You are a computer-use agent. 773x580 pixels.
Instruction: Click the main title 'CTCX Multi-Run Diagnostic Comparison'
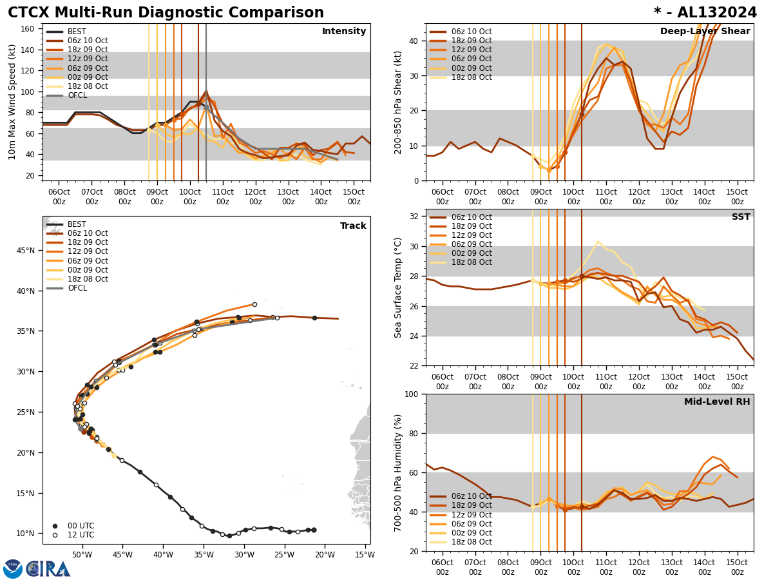click(x=166, y=13)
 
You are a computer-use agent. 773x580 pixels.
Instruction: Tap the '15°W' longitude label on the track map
click(x=364, y=555)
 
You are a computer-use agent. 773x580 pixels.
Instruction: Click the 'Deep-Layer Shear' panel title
click(x=705, y=32)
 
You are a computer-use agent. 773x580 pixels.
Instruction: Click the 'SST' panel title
click(x=740, y=217)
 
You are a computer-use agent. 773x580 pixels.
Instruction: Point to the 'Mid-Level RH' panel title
click(x=717, y=402)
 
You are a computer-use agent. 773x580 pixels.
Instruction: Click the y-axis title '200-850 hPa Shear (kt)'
click(x=398, y=102)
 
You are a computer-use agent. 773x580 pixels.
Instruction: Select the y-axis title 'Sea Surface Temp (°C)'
click(x=398, y=287)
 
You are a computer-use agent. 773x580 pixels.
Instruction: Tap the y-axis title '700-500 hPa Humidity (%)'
click(x=398, y=472)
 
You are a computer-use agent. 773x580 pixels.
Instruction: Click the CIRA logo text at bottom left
click(x=48, y=569)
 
